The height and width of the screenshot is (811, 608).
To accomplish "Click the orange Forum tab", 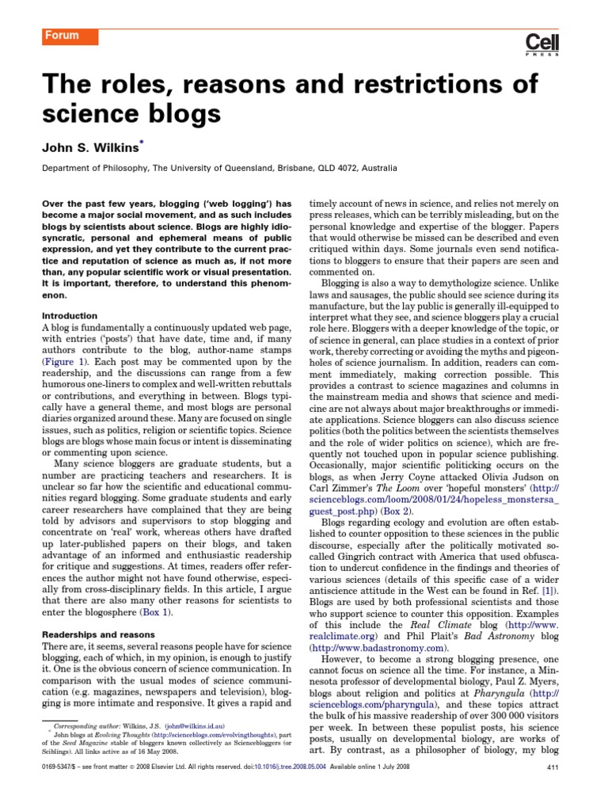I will [x=67, y=36].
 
